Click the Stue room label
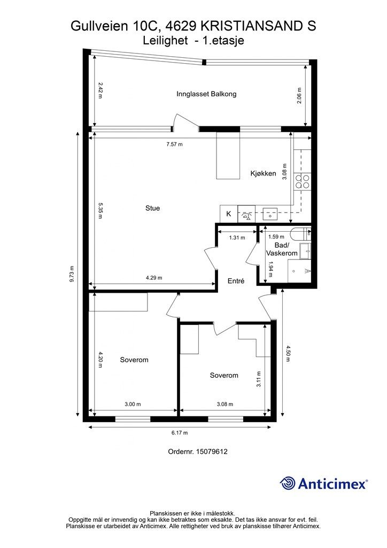[152, 208]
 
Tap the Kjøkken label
[263, 173]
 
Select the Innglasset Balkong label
[206, 94]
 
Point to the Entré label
[236, 280]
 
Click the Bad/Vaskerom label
[282, 249]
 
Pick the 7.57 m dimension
[174, 144]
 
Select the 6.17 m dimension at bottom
[180, 432]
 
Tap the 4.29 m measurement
[154, 278]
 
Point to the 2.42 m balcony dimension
[100, 90]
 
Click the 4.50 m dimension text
[288, 353]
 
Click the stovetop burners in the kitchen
[302, 181]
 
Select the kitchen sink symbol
[270, 214]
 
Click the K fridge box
[229, 214]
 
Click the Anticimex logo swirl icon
[288, 484]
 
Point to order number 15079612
[212, 452]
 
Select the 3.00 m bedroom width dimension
[133, 405]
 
